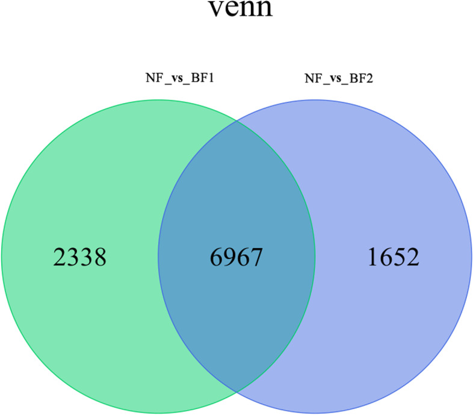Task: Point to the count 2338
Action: point(81,258)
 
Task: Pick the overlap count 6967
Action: point(236,258)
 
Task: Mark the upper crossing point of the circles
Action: point(236,121)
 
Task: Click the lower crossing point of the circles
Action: point(236,392)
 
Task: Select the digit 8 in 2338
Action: point(100,258)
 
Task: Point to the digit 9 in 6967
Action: point(230,258)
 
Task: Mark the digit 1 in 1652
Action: point(373,258)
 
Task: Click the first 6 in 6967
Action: point(217,258)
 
